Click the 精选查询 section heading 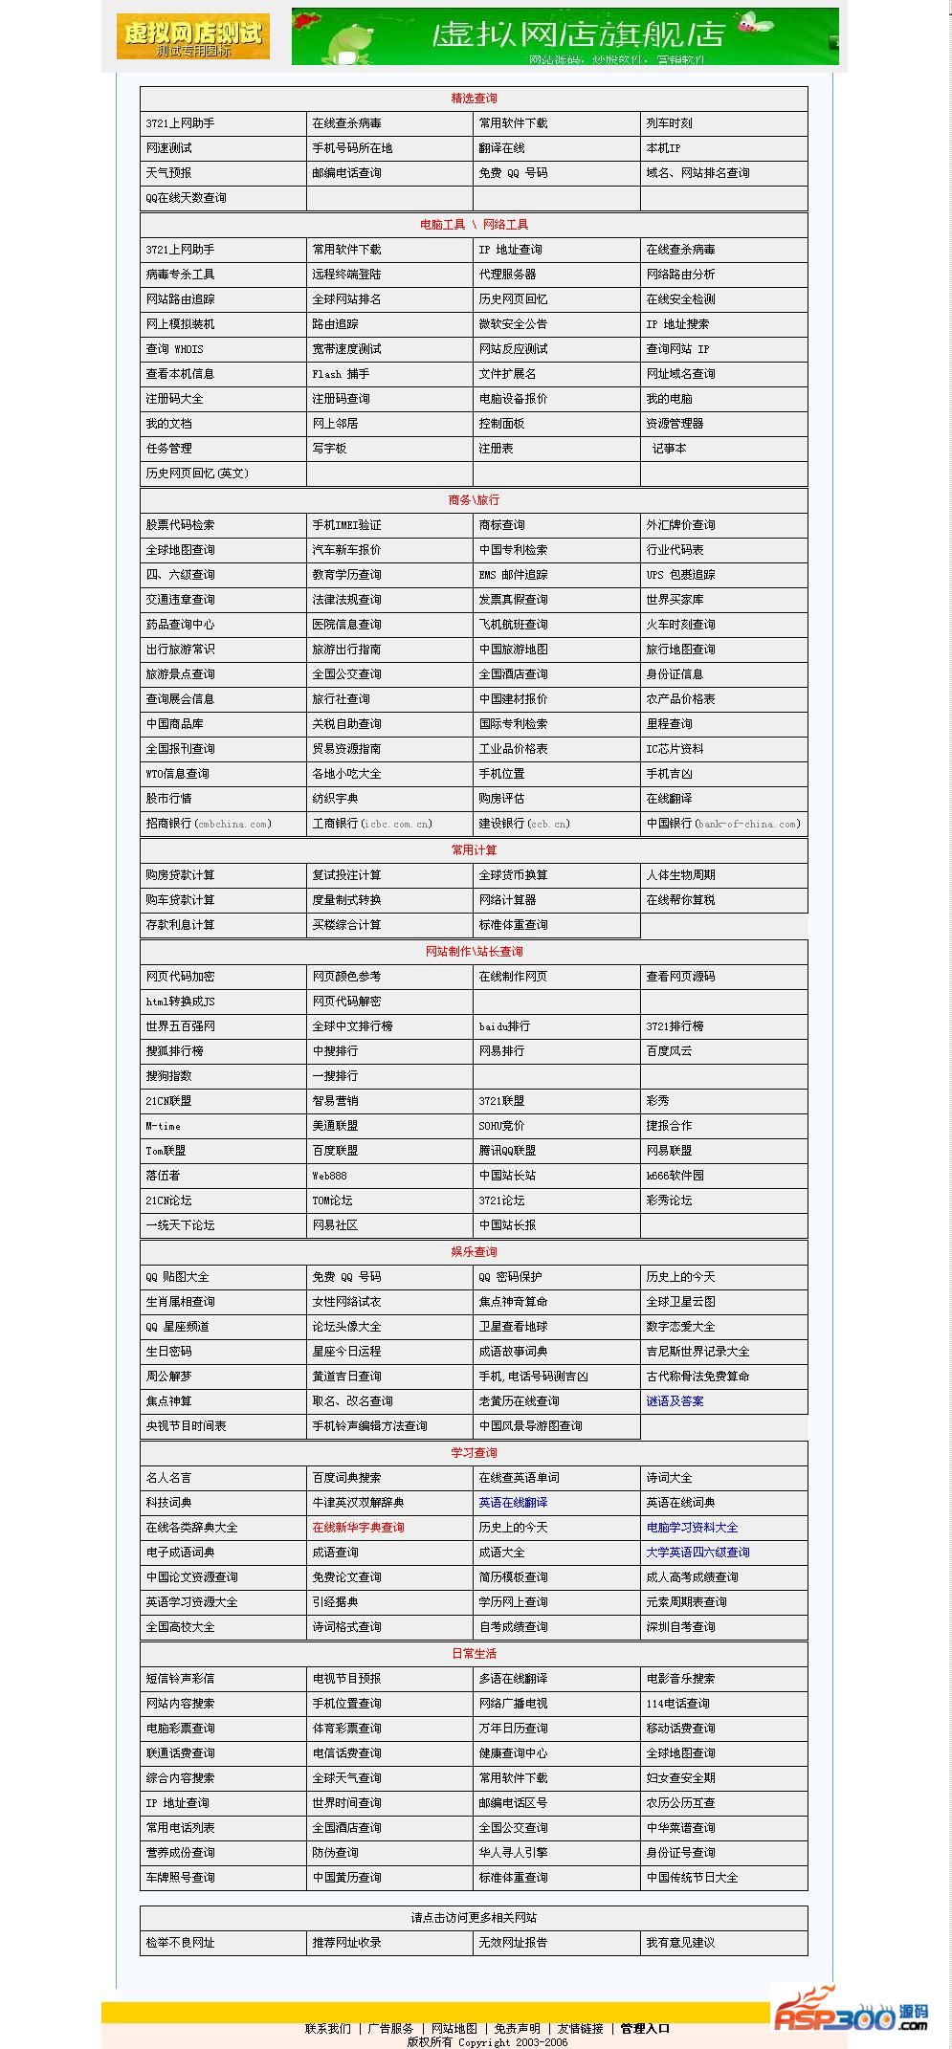pyautogui.click(x=474, y=99)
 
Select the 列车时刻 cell pyautogui.click(x=669, y=123)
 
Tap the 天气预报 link pyautogui.click(x=168, y=173)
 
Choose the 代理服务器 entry pyautogui.click(x=507, y=275)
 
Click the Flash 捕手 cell pyautogui.click(x=341, y=374)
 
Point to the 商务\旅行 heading pyautogui.click(x=474, y=500)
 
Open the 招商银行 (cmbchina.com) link pyautogui.click(x=209, y=824)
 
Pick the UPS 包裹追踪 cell pyautogui.click(x=680, y=575)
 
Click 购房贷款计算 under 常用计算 pyautogui.click(x=180, y=875)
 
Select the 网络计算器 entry pyautogui.click(x=507, y=900)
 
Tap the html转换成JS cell pyautogui.click(x=180, y=1002)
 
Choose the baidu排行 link pyautogui.click(x=504, y=1026)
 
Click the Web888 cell pyautogui.click(x=329, y=1176)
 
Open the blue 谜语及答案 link pyautogui.click(x=675, y=1401)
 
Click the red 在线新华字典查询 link pyautogui.click(x=358, y=1528)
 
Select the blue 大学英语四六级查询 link pyautogui.click(x=697, y=1553)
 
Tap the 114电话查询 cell pyautogui.click(x=677, y=1704)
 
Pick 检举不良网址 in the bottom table pyautogui.click(x=180, y=1943)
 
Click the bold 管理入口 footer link pyautogui.click(x=645, y=2028)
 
